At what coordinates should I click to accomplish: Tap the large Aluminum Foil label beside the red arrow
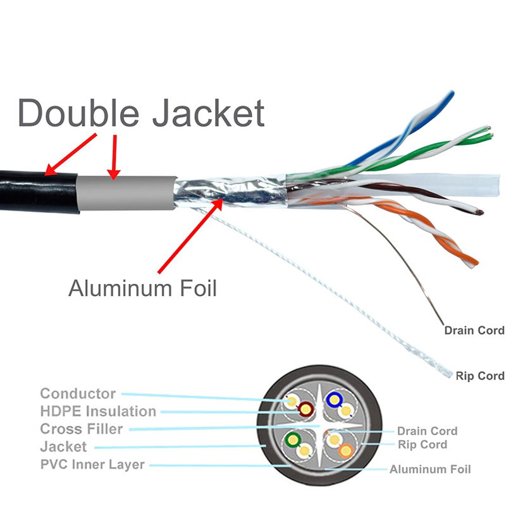click(142, 288)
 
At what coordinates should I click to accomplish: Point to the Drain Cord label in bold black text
click(474, 330)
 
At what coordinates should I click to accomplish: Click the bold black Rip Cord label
click(480, 376)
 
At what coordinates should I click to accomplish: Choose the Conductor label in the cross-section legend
click(78, 394)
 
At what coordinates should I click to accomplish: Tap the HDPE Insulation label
click(98, 411)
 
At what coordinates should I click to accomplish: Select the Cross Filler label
click(82, 429)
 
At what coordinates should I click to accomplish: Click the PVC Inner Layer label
click(92, 465)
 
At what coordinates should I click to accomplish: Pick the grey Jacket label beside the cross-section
click(63, 447)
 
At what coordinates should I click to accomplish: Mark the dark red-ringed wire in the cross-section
click(305, 409)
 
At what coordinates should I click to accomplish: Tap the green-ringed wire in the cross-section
click(293, 439)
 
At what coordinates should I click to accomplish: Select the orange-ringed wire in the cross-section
click(345, 451)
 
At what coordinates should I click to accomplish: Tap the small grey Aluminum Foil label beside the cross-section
click(430, 469)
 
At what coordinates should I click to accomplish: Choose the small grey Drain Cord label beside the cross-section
click(427, 431)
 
